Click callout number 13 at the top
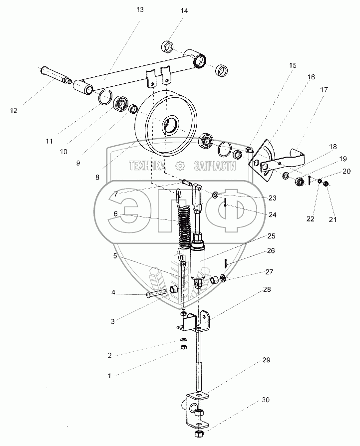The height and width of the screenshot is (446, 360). tap(140, 9)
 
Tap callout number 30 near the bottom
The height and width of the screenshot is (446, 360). tap(266, 400)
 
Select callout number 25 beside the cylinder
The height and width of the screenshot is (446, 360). tap(271, 236)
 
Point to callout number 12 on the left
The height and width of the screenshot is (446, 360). tap(13, 110)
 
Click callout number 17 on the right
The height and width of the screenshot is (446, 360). tap(324, 90)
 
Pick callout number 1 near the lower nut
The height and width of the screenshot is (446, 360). tap(109, 376)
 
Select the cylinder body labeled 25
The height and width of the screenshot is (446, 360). tap(198, 258)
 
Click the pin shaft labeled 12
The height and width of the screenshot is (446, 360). tap(55, 74)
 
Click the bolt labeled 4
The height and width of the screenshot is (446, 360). tap(156, 293)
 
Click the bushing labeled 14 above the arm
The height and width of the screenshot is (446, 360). tap(168, 46)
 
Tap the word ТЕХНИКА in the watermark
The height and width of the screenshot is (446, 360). tap(147, 166)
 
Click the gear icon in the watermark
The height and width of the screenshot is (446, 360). tap(181, 166)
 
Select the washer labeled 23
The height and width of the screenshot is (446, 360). tap(216, 195)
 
